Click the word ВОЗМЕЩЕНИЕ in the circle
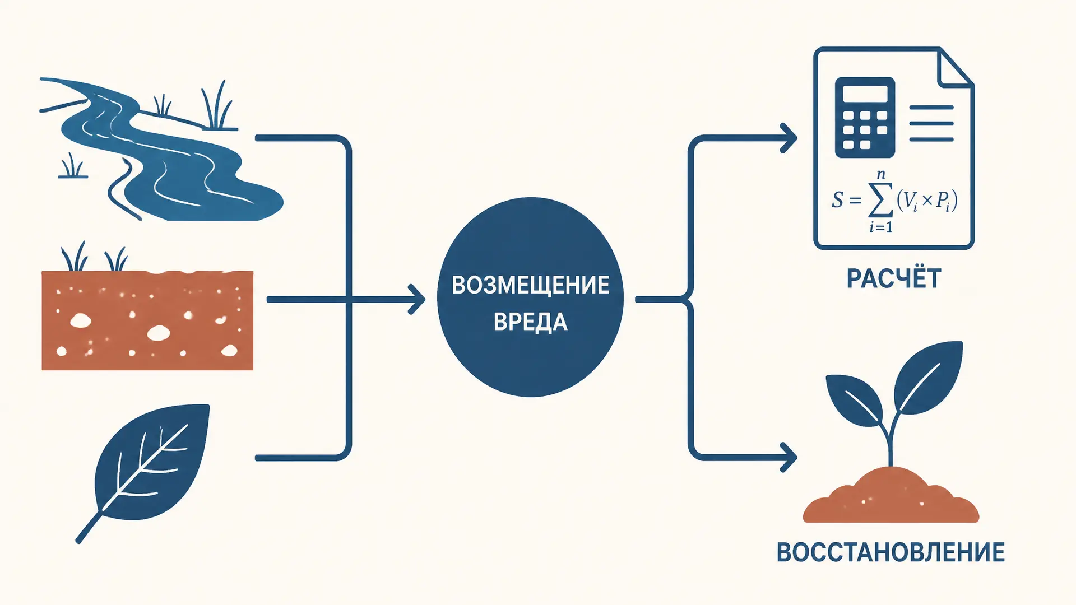click(x=530, y=285)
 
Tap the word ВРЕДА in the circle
click(x=530, y=322)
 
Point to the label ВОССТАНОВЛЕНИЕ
click(x=891, y=552)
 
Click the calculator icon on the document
click(x=865, y=118)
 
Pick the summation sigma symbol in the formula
click(x=880, y=201)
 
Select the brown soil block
click(x=147, y=320)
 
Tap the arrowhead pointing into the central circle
click(x=417, y=300)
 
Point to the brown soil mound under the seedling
click(x=891, y=495)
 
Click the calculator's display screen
click(x=865, y=94)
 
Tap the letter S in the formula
click(x=837, y=200)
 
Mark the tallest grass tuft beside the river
click(x=217, y=106)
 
